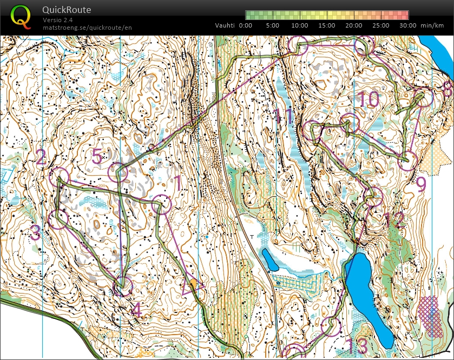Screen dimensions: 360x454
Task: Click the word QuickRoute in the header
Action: tap(67, 10)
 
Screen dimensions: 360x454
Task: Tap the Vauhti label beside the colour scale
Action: tap(225, 25)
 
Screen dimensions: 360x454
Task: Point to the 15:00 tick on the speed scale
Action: tap(326, 25)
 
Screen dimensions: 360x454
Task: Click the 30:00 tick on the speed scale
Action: tap(408, 25)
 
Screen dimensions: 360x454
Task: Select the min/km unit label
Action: tap(433, 25)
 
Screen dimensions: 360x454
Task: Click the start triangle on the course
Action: tap(192, 286)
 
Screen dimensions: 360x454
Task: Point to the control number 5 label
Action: tap(97, 157)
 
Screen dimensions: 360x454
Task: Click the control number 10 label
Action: tap(368, 99)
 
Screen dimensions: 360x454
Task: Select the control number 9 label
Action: tap(421, 184)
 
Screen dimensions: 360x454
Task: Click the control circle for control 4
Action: tap(123, 286)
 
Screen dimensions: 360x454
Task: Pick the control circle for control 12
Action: tap(372, 196)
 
